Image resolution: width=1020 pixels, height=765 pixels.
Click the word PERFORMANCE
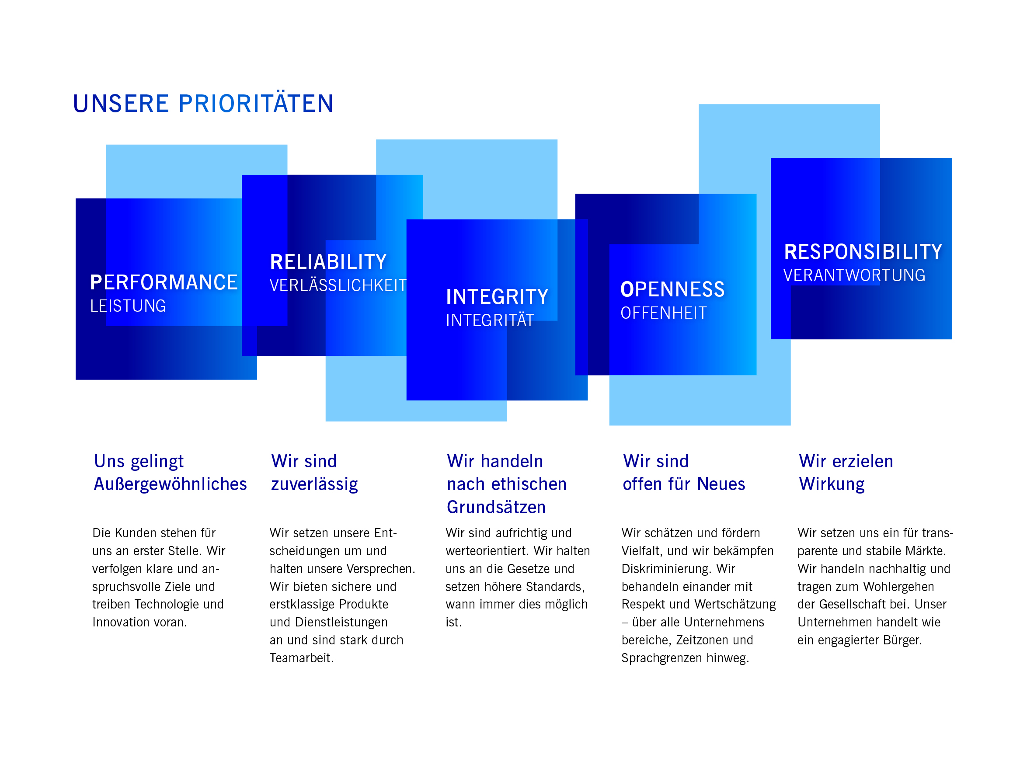coord(164,282)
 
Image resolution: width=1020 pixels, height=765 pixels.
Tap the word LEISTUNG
coord(128,306)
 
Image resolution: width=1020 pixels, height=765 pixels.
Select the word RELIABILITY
coord(328,262)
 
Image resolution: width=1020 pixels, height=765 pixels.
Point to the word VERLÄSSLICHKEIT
coord(338,285)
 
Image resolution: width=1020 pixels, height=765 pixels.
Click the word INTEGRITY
coord(497,296)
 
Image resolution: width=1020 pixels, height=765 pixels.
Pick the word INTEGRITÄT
coord(490,320)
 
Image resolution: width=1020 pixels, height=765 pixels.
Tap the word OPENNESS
coord(672,289)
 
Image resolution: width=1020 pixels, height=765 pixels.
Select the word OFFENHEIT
coord(664,313)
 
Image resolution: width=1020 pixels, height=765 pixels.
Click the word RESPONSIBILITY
coord(863,252)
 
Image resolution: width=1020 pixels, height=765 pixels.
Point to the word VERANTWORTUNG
coord(854,275)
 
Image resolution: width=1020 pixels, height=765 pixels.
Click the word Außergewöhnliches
coord(170,484)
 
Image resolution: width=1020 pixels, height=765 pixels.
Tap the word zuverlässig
coord(314,484)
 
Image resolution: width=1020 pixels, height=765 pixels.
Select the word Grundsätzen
coord(496,507)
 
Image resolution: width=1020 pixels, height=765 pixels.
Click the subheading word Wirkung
coord(832,484)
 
